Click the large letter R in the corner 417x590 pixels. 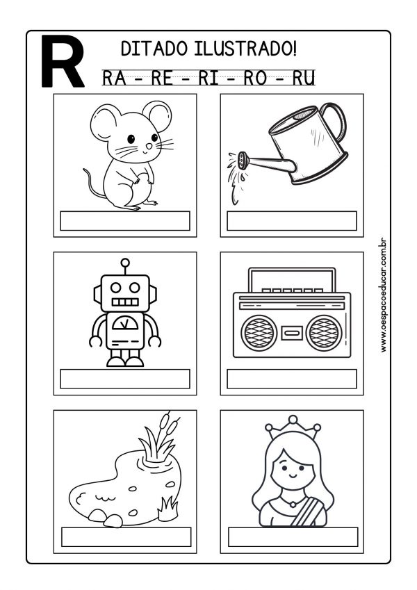[x=63, y=61]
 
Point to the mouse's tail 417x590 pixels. [x=89, y=182]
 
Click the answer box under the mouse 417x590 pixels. [x=125, y=220]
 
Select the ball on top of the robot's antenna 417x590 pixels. [x=125, y=263]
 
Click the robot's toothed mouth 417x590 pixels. [x=126, y=302]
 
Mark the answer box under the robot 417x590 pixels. [x=125, y=379]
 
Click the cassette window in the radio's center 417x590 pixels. [x=292, y=331]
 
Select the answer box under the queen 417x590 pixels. [x=293, y=536]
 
